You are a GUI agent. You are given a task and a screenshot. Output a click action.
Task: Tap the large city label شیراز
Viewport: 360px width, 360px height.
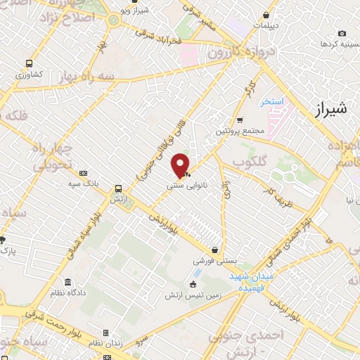tap(328, 110)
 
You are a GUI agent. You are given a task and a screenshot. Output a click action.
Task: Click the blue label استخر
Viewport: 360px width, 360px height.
tap(270, 102)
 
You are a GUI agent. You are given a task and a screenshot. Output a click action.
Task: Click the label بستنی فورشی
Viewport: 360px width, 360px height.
tap(214, 261)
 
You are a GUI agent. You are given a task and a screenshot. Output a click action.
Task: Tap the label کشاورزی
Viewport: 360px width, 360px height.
tap(30, 74)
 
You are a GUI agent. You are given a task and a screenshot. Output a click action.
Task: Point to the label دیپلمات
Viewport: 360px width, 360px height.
tap(266, 25)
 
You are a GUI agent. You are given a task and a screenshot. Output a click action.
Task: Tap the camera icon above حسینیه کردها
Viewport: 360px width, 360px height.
tap(342, 33)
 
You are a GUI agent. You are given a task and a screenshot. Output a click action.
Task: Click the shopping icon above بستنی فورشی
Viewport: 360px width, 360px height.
tap(215, 250)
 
